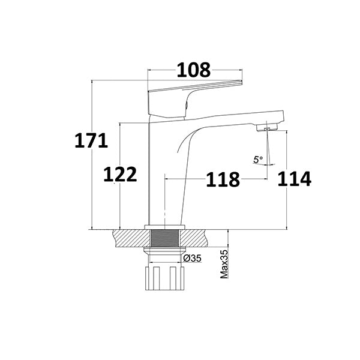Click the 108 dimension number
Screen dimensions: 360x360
193,70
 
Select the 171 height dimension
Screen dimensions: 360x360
91,141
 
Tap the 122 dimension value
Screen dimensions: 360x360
120,175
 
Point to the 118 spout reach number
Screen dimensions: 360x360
223,179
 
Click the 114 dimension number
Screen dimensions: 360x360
294,179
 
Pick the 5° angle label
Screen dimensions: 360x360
258,160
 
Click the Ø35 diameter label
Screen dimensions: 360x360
191,259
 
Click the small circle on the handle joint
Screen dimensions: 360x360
186,104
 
